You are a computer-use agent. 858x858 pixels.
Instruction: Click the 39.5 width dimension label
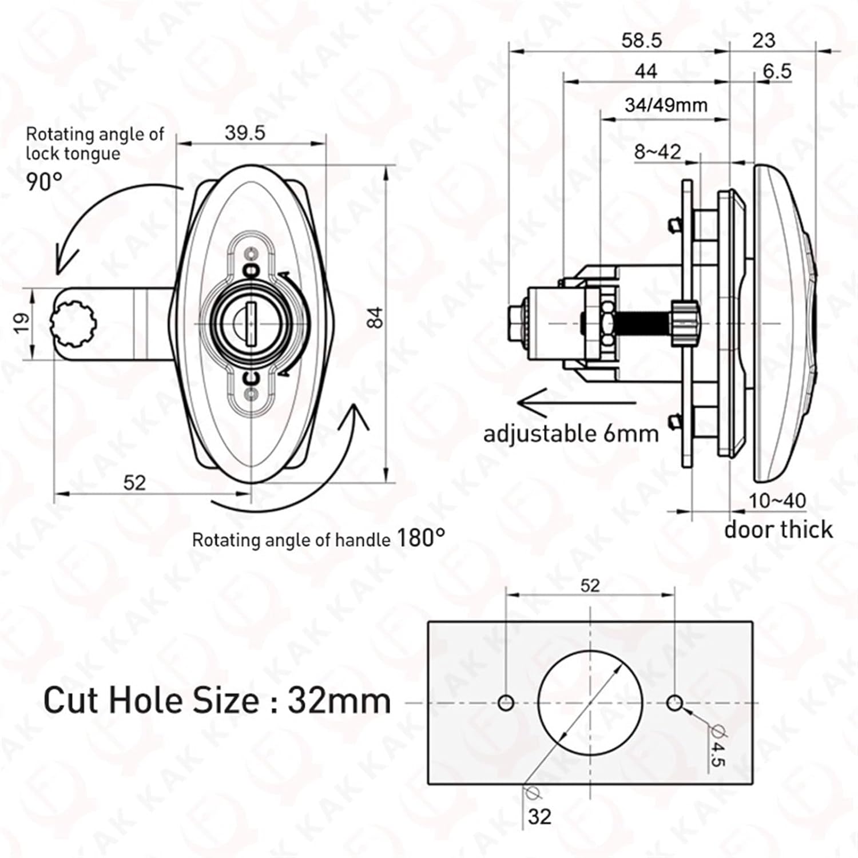point(245,133)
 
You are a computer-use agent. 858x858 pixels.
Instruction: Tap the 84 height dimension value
point(375,317)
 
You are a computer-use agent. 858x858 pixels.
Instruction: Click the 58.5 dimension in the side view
point(641,41)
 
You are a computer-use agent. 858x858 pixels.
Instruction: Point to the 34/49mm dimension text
point(666,105)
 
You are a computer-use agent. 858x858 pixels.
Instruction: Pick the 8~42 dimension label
point(658,152)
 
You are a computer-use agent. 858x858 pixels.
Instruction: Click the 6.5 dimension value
point(777,71)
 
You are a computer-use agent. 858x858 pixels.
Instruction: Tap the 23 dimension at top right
point(763,41)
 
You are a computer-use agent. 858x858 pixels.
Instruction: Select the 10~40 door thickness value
point(777,500)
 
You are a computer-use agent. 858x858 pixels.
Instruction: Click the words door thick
point(778,530)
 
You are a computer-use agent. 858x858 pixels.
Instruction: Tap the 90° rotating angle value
point(44,182)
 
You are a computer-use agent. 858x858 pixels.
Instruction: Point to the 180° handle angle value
point(420,538)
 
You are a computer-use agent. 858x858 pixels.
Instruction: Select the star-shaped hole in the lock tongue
point(73,324)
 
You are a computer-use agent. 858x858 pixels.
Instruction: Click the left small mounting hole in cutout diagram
point(506,702)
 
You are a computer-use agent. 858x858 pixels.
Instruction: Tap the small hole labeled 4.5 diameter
point(675,702)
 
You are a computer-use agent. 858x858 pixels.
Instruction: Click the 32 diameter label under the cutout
point(539,816)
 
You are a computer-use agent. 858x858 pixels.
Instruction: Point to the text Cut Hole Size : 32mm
point(217,700)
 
